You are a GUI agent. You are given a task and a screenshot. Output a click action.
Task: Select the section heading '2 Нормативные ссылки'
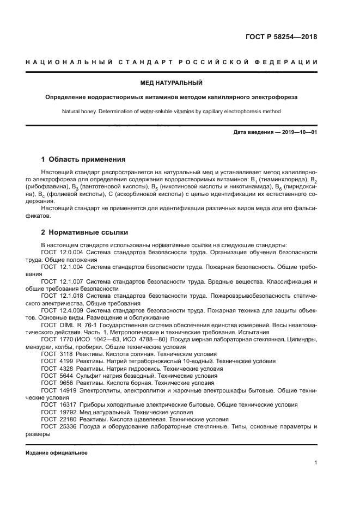82,232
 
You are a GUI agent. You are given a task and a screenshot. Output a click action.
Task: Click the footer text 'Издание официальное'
57,452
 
